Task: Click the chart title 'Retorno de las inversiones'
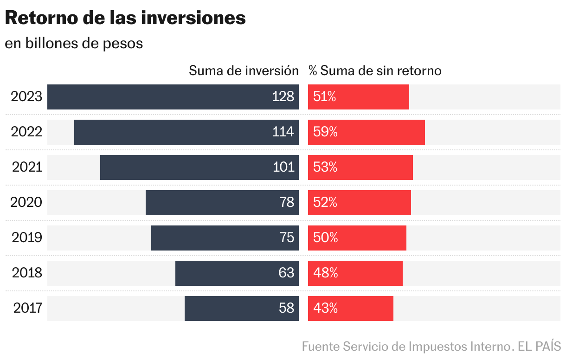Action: click(125, 18)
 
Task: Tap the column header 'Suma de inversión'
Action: click(244, 71)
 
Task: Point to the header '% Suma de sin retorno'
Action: click(375, 71)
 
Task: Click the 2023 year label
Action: click(26, 97)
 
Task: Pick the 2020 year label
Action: click(26, 203)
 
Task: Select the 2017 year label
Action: click(28, 308)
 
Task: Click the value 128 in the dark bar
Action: click(283, 96)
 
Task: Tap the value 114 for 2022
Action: click(283, 132)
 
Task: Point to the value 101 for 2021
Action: click(283, 167)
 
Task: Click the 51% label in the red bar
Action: click(325, 96)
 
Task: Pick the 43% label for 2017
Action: click(325, 308)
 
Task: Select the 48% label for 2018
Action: click(325, 273)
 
